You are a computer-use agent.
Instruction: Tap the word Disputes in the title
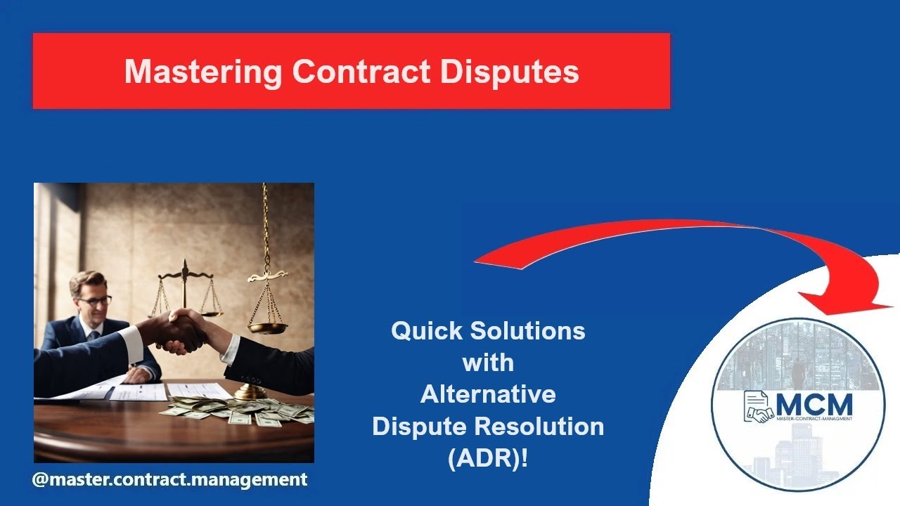coord(510,72)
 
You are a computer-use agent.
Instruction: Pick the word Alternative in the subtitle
coord(488,394)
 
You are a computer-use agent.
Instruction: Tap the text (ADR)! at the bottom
coord(488,458)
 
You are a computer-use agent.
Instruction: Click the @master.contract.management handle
coord(169,480)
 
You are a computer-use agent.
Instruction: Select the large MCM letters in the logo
coord(814,405)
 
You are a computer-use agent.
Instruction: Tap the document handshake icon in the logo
coord(758,408)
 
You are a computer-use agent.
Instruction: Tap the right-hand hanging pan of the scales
coord(267,327)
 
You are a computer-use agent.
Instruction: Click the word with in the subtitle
coord(488,363)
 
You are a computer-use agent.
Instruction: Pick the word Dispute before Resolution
coord(417,426)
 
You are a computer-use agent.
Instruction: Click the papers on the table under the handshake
coord(141,390)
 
